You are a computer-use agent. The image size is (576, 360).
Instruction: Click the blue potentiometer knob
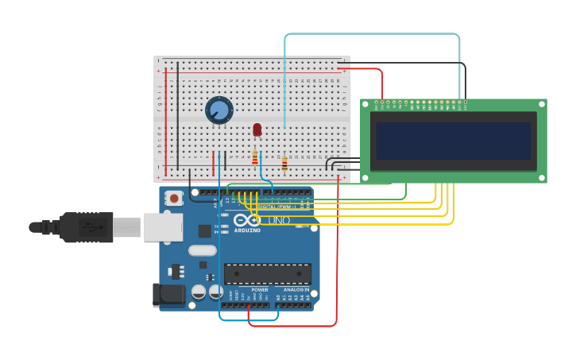pyautogui.click(x=218, y=110)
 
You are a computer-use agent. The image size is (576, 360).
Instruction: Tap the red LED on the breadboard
pyautogui.click(x=257, y=129)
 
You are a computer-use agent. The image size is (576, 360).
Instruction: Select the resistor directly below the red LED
pyautogui.click(x=255, y=157)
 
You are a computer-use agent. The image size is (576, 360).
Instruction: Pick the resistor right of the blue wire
pyautogui.click(x=284, y=164)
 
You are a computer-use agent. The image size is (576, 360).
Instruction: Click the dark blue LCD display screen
pyautogui.click(x=453, y=141)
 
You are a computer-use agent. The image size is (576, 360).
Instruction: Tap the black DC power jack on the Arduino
pyautogui.click(x=170, y=294)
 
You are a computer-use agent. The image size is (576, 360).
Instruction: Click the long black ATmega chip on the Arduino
pyautogui.click(x=267, y=273)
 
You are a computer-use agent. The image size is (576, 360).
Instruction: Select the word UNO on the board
pyautogui.click(x=278, y=220)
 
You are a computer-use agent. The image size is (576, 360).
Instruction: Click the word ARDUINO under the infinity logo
pyautogui.click(x=247, y=230)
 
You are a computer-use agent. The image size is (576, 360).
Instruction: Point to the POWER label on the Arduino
pyautogui.click(x=260, y=290)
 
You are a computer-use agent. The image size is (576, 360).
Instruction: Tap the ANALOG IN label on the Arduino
pyautogui.click(x=296, y=290)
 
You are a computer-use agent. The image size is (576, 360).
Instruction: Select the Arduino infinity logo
pyautogui.click(x=247, y=220)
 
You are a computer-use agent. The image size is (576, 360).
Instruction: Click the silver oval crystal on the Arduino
pyautogui.click(x=202, y=250)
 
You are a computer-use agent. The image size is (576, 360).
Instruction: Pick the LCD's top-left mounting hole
pyautogui.click(x=365, y=103)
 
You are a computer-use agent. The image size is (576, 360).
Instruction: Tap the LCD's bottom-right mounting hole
pyautogui.click(x=542, y=177)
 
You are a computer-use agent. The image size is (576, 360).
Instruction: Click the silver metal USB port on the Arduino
pyautogui.click(x=163, y=227)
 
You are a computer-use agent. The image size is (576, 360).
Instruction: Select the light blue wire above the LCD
pyautogui.click(x=373, y=34)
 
